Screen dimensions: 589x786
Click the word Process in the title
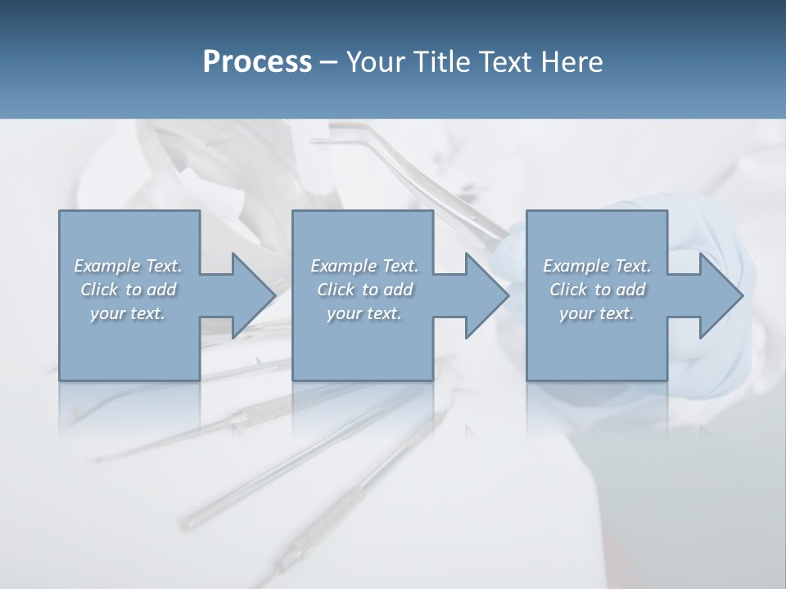tap(257, 62)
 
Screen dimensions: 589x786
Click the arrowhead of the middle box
tap(486, 295)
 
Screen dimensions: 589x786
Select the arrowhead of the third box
tap(720, 295)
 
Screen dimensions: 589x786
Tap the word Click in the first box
tap(97, 290)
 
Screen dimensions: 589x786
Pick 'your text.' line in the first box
tap(128, 313)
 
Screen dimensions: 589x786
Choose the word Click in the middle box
tap(334, 290)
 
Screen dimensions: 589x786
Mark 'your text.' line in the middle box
tap(364, 313)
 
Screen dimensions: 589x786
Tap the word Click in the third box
tap(567, 290)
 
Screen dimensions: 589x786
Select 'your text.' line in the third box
tap(597, 313)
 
